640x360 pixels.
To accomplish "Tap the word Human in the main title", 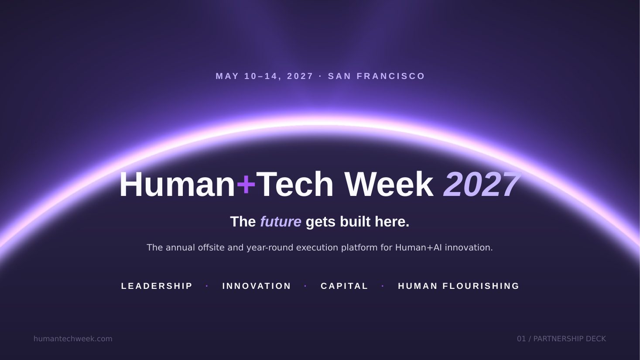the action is coord(177,184).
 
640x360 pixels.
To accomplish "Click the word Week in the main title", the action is coord(389,184).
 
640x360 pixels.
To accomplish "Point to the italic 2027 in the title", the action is coord(482,185).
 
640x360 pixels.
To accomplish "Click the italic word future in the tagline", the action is coord(281,222).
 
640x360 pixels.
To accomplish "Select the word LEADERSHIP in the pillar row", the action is coord(157,286).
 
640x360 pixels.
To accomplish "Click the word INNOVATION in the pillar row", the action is coord(257,286).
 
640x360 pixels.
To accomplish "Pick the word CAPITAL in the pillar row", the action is coord(344,286).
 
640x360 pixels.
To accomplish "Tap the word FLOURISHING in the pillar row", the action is coord(481,286).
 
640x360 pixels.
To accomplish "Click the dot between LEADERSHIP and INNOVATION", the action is coord(207,286).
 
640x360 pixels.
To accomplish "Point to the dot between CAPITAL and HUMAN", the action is coord(383,286).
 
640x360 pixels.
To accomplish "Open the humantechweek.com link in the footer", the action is coord(73,339).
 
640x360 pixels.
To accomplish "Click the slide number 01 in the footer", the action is coord(521,339).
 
